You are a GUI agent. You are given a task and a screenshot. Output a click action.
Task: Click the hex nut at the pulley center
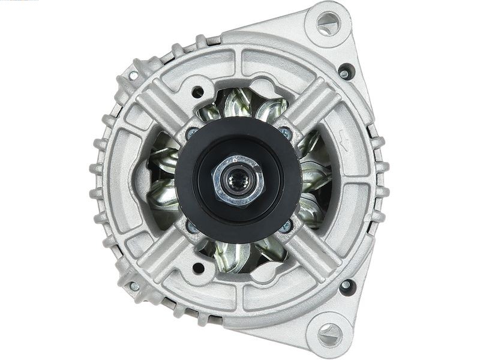pyautogui.click(x=238, y=179)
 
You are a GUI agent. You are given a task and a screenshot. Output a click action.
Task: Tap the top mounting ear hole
pyautogui.click(x=328, y=23)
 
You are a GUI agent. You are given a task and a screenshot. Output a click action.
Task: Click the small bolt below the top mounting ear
pyautogui.click(x=346, y=73)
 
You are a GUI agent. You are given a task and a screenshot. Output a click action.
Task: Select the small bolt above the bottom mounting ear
pyautogui.click(x=346, y=286)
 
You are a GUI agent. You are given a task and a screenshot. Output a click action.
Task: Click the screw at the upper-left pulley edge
pyautogui.click(x=192, y=133)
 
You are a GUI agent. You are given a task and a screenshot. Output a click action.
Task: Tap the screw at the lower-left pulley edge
pyautogui.click(x=192, y=226)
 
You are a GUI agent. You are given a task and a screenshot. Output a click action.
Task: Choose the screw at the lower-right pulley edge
pyautogui.click(x=285, y=226)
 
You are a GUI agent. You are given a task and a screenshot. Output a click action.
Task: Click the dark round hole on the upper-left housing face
pyautogui.click(x=197, y=92)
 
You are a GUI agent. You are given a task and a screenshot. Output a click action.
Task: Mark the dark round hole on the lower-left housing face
pyautogui.click(x=197, y=267)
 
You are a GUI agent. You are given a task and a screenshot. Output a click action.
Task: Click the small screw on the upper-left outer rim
pyautogui.click(x=133, y=76)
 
